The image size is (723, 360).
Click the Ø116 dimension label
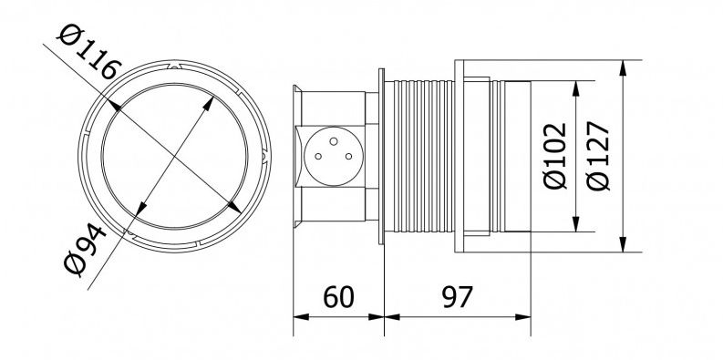[89, 52]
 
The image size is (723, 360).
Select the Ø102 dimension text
[554, 156]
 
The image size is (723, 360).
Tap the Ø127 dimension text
[598, 156]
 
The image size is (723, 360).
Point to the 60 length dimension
[338, 297]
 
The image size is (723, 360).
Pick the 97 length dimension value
[458, 297]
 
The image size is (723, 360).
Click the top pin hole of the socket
[335, 141]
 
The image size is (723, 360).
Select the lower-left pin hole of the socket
[318, 157]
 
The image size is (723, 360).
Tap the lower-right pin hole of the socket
[349, 157]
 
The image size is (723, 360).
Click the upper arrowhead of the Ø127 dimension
[623, 67]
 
